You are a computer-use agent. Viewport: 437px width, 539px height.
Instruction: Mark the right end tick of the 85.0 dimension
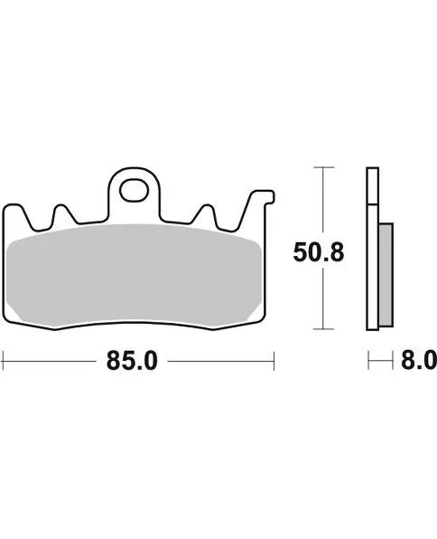274,362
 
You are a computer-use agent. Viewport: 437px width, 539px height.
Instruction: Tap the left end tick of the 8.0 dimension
368,362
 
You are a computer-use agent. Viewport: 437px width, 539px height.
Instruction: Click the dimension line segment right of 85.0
221,362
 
